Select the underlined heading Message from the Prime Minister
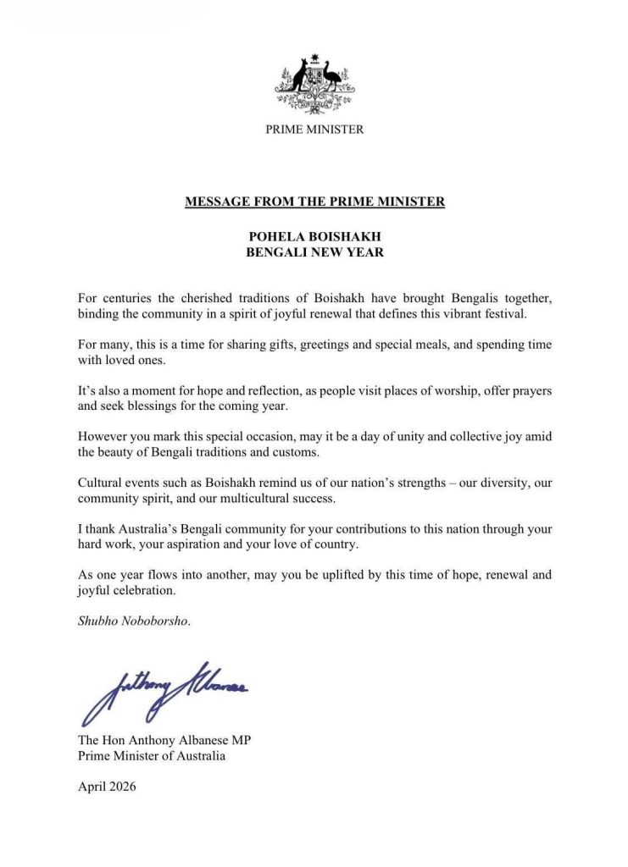(314, 202)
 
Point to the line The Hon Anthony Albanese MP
(164, 741)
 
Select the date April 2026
(107, 787)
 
